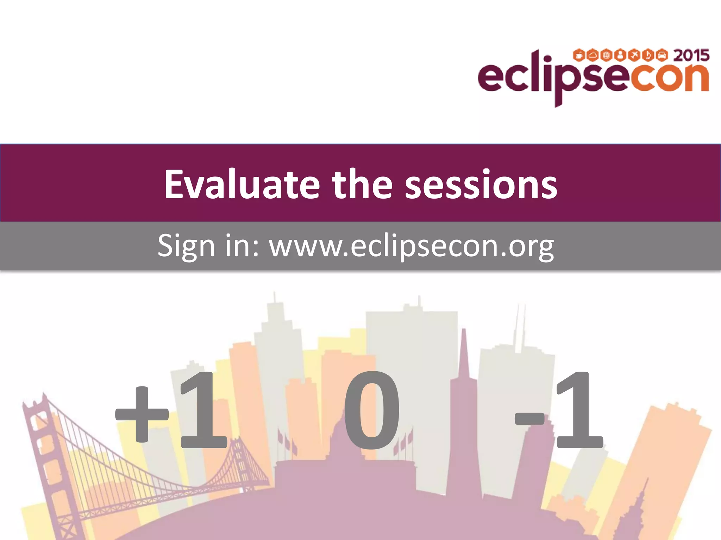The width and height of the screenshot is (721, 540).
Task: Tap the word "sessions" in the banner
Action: (x=481, y=185)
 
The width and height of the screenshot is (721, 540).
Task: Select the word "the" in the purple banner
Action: (x=362, y=185)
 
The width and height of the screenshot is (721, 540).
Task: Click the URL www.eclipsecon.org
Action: (x=412, y=246)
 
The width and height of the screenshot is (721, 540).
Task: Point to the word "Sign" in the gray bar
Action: (x=186, y=246)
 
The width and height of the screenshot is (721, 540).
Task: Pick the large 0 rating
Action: (x=372, y=411)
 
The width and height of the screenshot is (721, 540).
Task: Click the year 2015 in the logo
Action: (x=691, y=56)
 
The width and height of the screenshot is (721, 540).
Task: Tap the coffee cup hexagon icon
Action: (x=579, y=55)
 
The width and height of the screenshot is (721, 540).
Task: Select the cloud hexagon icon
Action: (x=593, y=55)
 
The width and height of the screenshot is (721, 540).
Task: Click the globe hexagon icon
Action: (x=606, y=55)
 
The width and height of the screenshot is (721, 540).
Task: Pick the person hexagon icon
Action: (x=620, y=55)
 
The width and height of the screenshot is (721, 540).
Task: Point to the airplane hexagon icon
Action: (x=634, y=55)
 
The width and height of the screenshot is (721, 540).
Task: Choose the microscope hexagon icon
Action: (x=648, y=55)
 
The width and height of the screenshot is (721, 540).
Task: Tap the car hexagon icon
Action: (x=662, y=55)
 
